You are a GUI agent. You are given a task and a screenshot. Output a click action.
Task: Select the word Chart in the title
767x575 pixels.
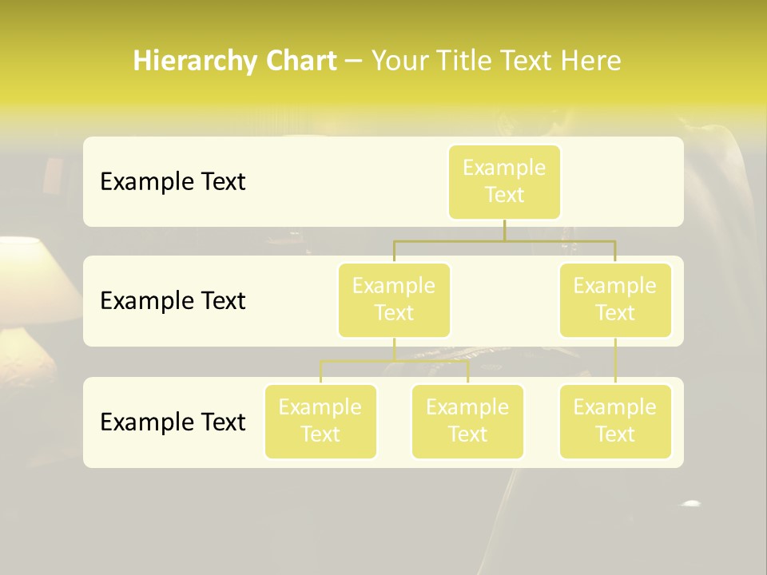pyautogui.click(x=300, y=61)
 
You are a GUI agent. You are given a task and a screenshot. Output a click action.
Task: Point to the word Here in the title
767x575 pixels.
pyautogui.click(x=591, y=61)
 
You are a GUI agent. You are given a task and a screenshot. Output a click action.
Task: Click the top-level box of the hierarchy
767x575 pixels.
pyautogui.click(x=504, y=182)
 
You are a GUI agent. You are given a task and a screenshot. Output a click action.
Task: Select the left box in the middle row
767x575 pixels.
pyautogui.click(x=394, y=300)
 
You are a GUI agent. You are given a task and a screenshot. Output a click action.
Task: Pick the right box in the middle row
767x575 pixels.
pyautogui.click(x=615, y=300)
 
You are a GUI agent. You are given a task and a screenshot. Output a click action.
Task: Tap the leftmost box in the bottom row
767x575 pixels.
pyautogui.click(x=320, y=422)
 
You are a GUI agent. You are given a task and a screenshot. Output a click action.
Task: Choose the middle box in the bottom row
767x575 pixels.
pyautogui.click(x=467, y=422)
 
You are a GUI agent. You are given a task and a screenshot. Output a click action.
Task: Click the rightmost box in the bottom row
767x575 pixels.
pyautogui.click(x=615, y=422)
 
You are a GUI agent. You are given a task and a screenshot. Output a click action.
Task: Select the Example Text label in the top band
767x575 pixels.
pyautogui.click(x=173, y=182)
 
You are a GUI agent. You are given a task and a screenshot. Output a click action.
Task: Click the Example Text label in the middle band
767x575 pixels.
pyautogui.click(x=173, y=301)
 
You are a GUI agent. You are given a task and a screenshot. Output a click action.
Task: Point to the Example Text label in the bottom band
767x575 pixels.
pyautogui.click(x=173, y=422)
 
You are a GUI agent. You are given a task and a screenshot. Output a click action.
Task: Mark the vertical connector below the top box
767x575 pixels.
pyautogui.click(x=504, y=230)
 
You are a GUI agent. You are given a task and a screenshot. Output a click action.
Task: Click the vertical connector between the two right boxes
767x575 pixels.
pyautogui.click(x=615, y=361)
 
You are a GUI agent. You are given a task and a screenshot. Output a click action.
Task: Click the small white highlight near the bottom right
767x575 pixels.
pyautogui.click(x=690, y=504)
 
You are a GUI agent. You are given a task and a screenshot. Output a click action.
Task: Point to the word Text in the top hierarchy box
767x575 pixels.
pyautogui.click(x=504, y=196)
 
